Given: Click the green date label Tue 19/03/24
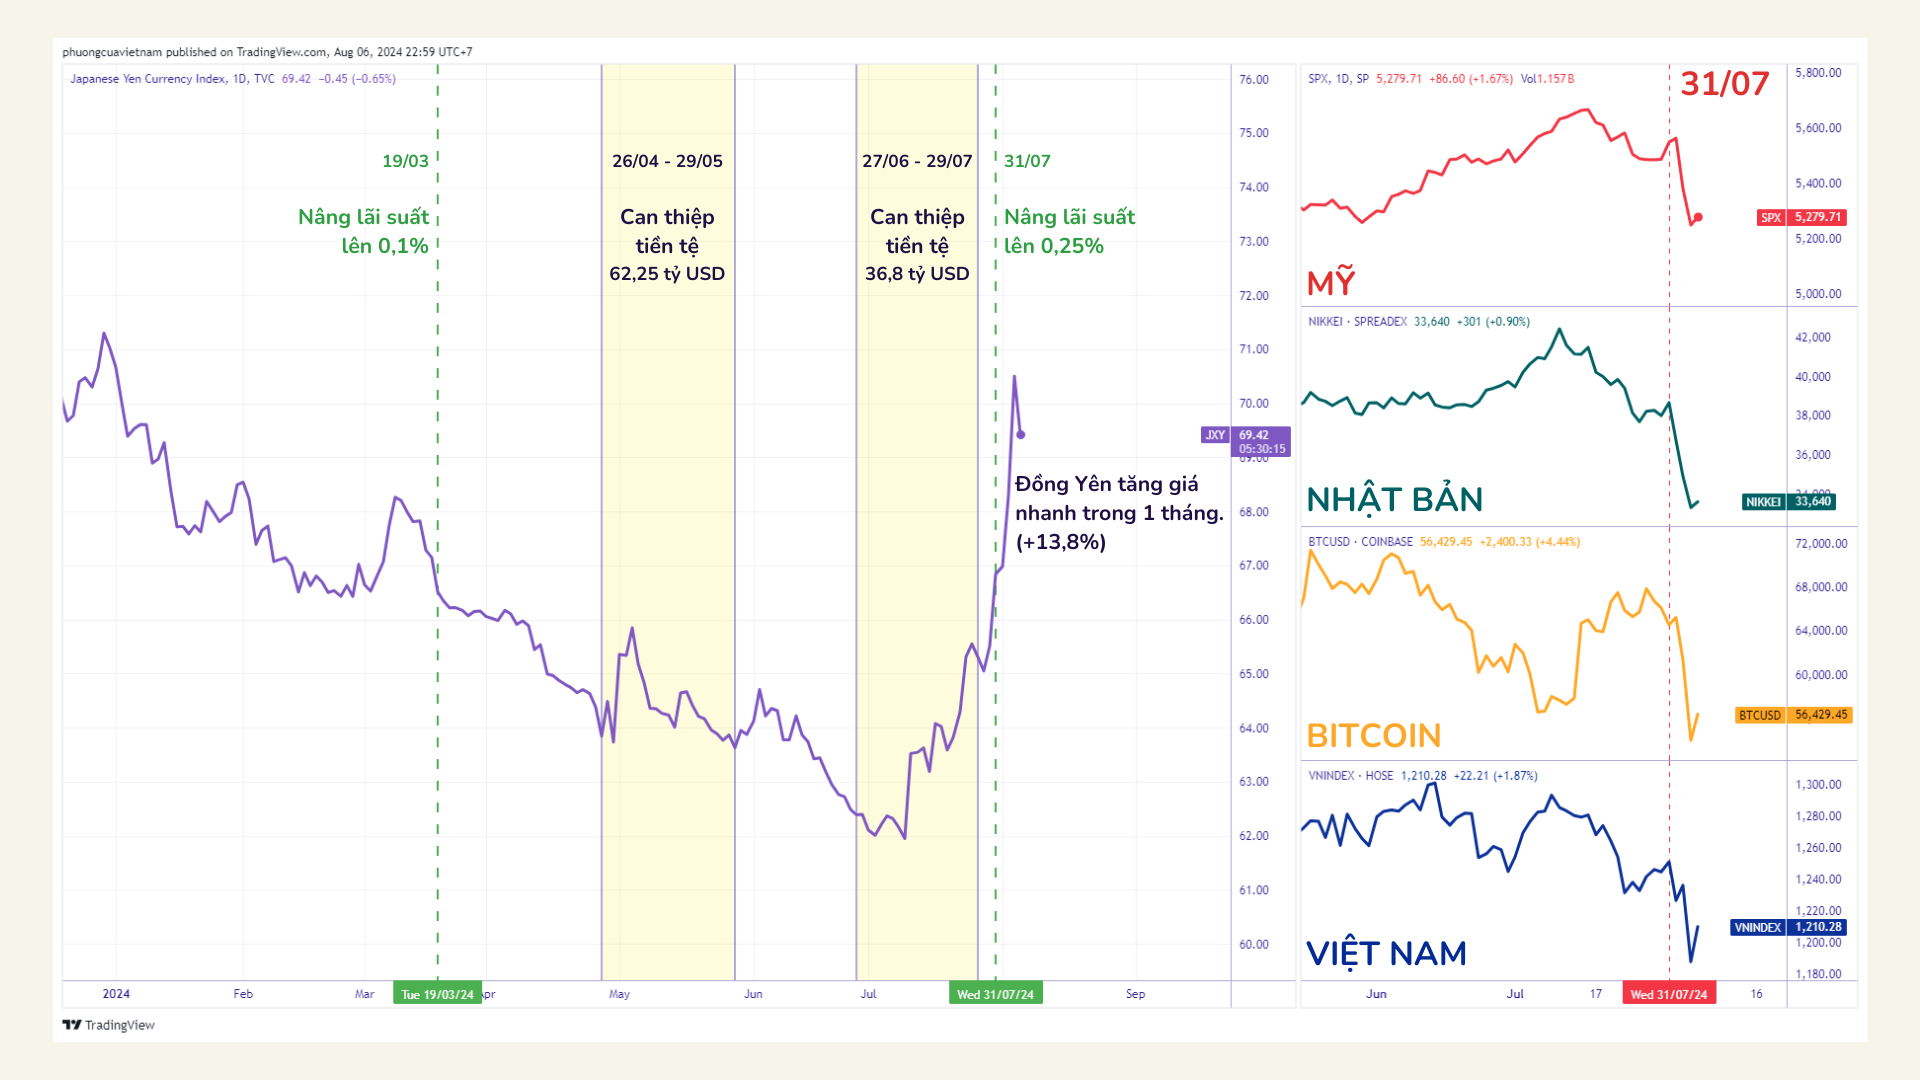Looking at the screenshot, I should tap(437, 994).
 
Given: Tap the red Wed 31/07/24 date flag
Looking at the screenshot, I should tap(1668, 994).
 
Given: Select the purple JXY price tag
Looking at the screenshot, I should tap(1246, 441).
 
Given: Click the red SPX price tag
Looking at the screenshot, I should tap(1802, 217).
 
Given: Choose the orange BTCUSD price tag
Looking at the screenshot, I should tap(1794, 715).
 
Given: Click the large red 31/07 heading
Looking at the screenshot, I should tap(1724, 84).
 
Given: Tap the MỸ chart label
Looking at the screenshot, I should tap(1331, 283).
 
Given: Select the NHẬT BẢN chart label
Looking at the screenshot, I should tap(1394, 499).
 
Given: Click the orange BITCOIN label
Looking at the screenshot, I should tap(1373, 736).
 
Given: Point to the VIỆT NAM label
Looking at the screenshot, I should tap(1386, 953).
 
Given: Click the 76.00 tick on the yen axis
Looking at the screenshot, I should tap(1253, 80).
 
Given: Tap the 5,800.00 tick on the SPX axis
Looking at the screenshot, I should tap(1817, 73).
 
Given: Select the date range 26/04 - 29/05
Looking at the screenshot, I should tap(667, 161).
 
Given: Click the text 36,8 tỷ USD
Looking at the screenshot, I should tap(917, 274).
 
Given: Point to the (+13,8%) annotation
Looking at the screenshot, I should tap(1060, 542).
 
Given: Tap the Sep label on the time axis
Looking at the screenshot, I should tap(1135, 994).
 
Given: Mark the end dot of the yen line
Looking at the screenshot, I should tap(1020, 435).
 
